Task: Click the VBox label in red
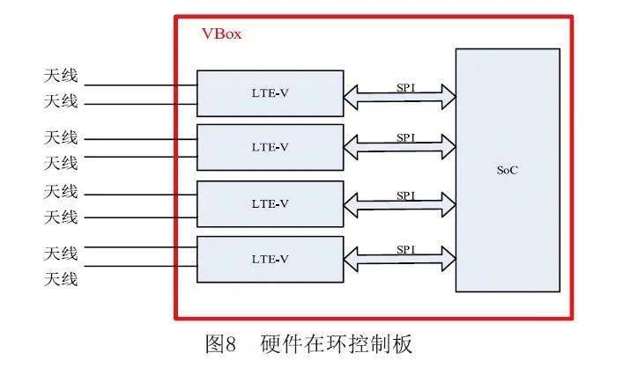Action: [221, 34]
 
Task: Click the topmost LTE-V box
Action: [269, 92]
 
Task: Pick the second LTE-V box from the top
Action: [269, 147]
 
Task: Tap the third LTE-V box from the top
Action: [269, 203]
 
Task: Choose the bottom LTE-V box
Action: [269, 258]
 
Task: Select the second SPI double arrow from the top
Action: [399, 148]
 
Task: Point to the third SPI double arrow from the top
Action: [399, 205]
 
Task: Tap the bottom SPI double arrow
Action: [399, 259]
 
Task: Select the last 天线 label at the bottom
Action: [62, 279]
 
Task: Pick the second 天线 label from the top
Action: [62, 101]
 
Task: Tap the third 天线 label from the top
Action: [62, 137]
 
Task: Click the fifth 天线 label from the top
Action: [62, 191]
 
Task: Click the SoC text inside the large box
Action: [507, 170]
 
